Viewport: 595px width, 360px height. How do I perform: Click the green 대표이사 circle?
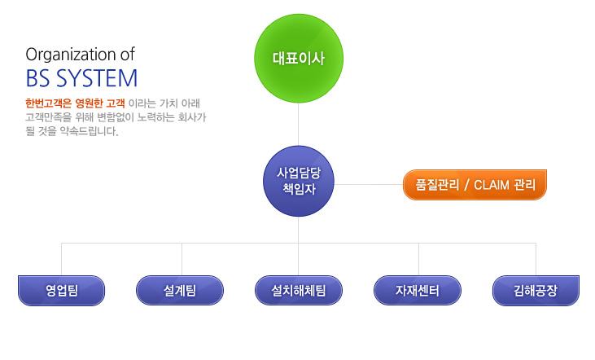[x=299, y=58]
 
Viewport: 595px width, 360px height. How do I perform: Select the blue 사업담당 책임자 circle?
[x=299, y=181]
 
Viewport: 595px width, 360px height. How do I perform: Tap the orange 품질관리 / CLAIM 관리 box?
[x=475, y=185]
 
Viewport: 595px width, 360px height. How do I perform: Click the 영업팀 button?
[x=62, y=291]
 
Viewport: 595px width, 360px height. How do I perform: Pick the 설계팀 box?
[x=180, y=291]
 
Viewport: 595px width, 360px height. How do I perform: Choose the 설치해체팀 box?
[x=299, y=291]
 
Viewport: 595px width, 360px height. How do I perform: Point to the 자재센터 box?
[x=418, y=291]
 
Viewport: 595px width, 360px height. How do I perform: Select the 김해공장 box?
[x=536, y=291]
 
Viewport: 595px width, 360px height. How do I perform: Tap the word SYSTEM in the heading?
[x=97, y=79]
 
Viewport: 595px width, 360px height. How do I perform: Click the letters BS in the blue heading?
[x=38, y=79]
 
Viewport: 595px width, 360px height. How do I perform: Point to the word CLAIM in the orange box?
[x=492, y=186]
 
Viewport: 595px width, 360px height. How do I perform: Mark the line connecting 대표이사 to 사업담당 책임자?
[x=298, y=124]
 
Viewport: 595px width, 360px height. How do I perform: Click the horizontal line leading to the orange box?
[x=369, y=185]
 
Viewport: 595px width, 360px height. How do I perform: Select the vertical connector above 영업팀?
[x=62, y=259]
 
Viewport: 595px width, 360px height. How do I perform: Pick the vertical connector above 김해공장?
[x=536, y=259]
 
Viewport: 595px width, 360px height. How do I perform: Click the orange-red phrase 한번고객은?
[x=48, y=103]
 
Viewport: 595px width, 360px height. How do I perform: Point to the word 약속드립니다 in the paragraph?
[x=89, y=131]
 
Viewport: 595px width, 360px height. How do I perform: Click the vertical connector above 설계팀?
[x=182, y=259]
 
